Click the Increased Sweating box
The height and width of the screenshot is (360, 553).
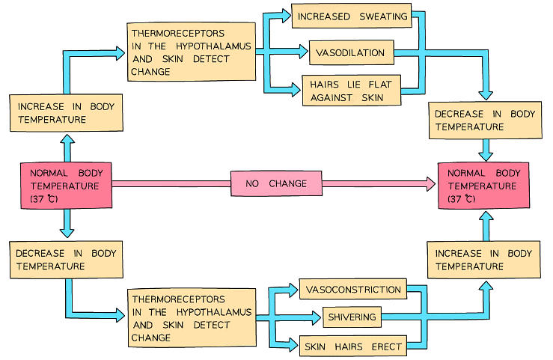pyautogui.click(x=351, y=16)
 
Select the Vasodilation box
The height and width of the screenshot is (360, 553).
pyautogui.click(x=350, y=53)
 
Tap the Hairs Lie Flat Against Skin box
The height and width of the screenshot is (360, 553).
pyautogui.click(x=350, y=90)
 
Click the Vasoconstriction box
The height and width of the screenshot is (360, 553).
pyautogui.click(x=353, y=290)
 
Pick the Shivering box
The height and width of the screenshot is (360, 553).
pyautogui.click(x=352, y=317)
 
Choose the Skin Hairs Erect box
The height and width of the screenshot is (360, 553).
pyautogui.click(x=353, y=346)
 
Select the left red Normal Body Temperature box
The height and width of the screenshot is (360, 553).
pyautogui.click(x=66, y=184)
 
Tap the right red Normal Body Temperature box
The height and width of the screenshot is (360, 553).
pyautogui.click(x=483, y=185)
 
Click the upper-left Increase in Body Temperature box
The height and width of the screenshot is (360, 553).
pyautogui.click(x=65, y=113)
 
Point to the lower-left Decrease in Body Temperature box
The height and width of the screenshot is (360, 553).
pyautogui.click(x=66, y=259)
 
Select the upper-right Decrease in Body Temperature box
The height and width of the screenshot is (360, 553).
pyautogui.click(x=485, y=120)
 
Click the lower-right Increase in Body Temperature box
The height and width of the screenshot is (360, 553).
pyautogui.click(x=484, y=260)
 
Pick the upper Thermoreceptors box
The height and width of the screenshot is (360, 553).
pyautogui.click(x=191, y=52)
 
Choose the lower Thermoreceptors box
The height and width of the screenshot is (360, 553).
pyautogui.click(x=191, y=317)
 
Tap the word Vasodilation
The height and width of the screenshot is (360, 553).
pyautogui.click(x=350, y=53)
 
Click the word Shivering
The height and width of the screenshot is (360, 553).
pyautogui.click(x=352, y=317)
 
